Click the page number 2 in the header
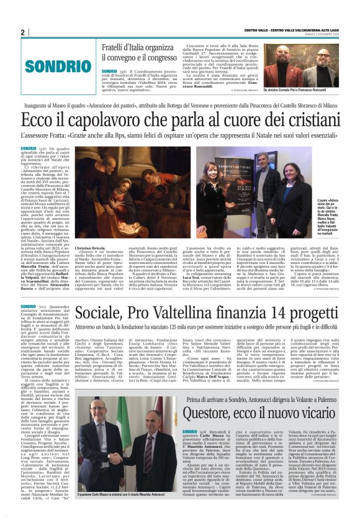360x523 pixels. point(22,32)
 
